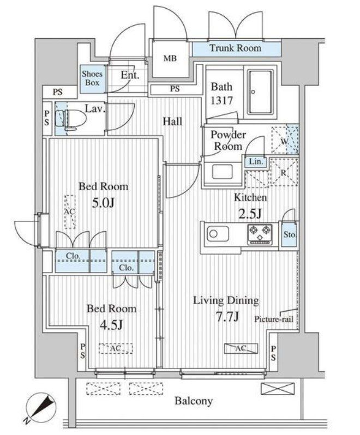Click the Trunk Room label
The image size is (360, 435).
[236, 48]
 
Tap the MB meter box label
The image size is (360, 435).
[170, 58]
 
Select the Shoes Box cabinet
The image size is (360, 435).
[93, 79]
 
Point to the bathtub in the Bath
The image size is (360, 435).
[260, 92]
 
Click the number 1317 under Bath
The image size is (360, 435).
[221, 100]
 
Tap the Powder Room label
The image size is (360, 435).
[228, 141]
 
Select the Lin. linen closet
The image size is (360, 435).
[256, 162]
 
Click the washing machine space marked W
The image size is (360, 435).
[285, 140]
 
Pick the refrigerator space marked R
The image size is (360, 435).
[284, 172]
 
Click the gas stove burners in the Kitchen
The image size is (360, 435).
[260, 234]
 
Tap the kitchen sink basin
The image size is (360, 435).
[218, 234]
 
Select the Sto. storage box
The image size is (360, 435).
[289, 234]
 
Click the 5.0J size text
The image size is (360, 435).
[103, 203]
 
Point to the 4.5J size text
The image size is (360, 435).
[112, 324]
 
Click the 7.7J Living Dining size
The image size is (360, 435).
[227, 316]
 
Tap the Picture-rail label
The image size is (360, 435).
[274, 319]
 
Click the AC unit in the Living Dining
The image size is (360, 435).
[241, 348]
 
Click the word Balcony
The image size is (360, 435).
[194, 401]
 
